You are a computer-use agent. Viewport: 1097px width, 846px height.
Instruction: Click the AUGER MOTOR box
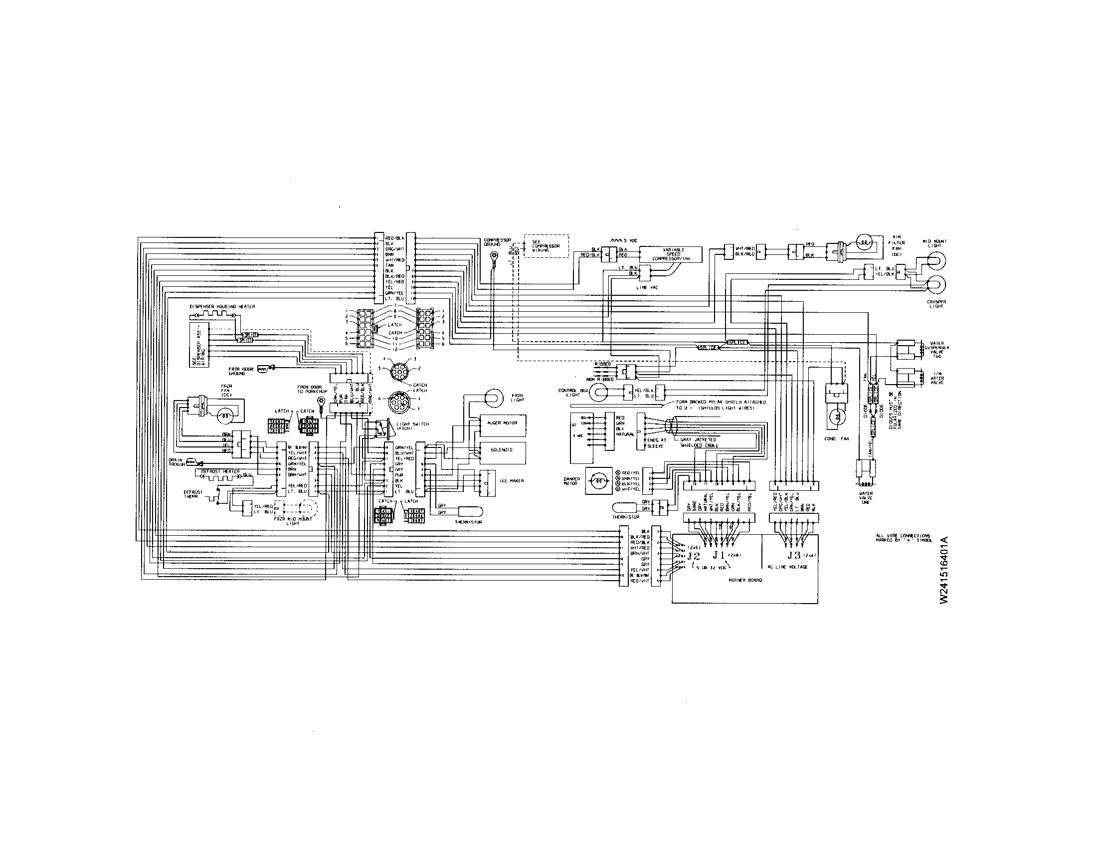pos(503,423)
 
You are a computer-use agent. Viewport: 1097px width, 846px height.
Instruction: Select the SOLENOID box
pos(503,450)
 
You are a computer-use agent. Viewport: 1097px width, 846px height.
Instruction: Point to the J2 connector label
pos(694,556)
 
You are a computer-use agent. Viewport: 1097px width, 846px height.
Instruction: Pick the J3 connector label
pos(794,556)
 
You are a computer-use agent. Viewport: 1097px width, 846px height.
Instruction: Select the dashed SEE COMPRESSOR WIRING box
pos(546,246)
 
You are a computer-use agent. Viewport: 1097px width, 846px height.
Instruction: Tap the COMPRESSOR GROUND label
pos(497,242)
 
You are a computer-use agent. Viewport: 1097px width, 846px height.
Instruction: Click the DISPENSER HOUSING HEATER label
pos(221,306)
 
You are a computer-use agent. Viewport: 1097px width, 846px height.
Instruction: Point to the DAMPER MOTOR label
pos(571,481)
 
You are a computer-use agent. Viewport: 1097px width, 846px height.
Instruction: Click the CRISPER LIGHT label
pos(936,304)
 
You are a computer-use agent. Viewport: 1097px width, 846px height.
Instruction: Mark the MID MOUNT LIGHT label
pos(935,243)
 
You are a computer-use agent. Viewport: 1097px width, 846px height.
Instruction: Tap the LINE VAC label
pos(646,287)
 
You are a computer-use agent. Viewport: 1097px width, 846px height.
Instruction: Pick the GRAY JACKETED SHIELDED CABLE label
pos(698,442)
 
